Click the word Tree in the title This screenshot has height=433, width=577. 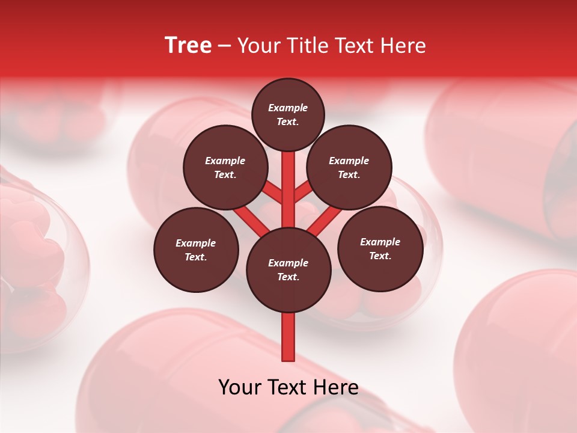[x=188, y=46]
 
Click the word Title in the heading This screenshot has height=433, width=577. [x=307, y=46]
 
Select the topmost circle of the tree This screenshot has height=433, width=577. [x=288, y=114]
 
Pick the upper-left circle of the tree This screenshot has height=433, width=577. [x=225, y=167]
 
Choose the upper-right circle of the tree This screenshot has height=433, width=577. [x=349, y=167]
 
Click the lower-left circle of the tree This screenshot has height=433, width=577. [x=196, y=250]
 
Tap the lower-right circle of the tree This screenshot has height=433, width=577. [x=380, y=248]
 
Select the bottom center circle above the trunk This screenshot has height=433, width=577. [x=288, y=270]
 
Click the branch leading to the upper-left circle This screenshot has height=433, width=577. [x=272, y=193]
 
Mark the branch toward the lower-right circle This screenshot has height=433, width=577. [x=325, y=221]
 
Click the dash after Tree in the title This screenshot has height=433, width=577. [x=224, y=46]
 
